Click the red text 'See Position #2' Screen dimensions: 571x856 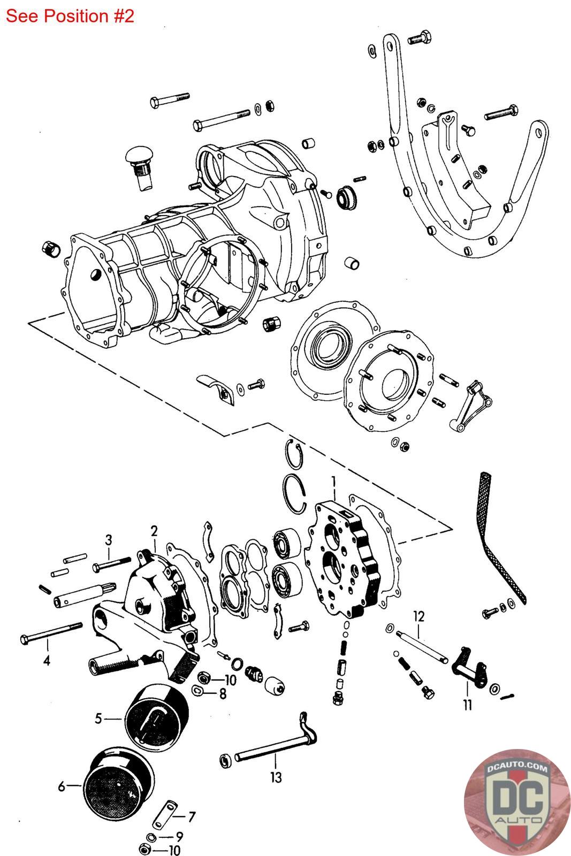click(x=70, y=16)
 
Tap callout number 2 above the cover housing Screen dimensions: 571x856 click(x=154, y=531)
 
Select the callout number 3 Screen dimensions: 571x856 click(x=109, y=540)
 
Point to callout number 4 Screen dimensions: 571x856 click(x=47, y=660)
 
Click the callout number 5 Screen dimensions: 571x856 click(x=98, y=719)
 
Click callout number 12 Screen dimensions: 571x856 click(x=419, y=616)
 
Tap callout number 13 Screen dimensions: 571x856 click(x=276, y=777)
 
